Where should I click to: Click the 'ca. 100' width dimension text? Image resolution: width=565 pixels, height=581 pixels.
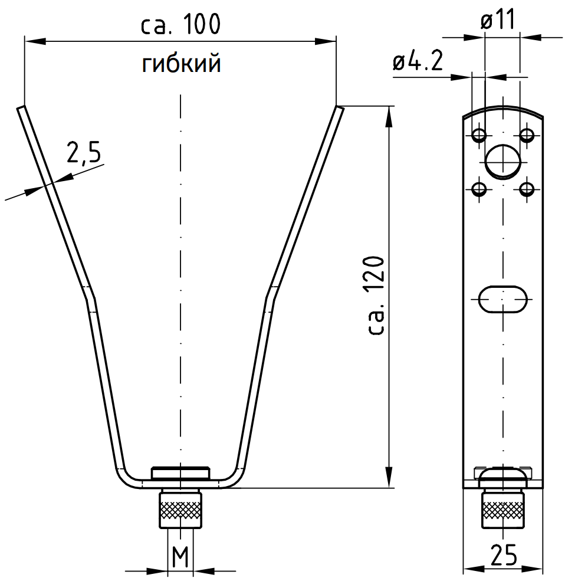pyautogui.click(x=181, y=24)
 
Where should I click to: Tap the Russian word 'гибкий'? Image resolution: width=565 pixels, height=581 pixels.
pyautogui.click(x=182, y=63)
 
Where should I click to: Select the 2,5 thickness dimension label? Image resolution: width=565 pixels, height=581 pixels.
pyautogui.click(x=84, y=152)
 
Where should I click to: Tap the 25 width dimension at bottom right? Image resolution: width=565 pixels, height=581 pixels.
pyautogui.click(x=504, y=554)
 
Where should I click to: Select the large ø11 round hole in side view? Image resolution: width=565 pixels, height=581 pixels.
pyautogui.click(x=503, y=162)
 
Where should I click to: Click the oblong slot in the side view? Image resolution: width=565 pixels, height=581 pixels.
pyautogui.click(x=502, y=299)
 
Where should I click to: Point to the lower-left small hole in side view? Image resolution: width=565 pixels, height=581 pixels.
pyautogui.click(x=479, y=190)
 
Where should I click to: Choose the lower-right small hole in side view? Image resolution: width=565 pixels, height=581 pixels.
pyautogui.click(x=527, y=190)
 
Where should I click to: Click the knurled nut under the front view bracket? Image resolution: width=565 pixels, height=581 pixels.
pyautogui.click(x=180, y=509)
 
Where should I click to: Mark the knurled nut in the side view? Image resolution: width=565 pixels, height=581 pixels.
pyautogui.click(x=502, y=509)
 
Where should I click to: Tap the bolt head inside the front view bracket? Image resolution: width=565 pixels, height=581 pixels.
pyautogui.click(x=180, y=473)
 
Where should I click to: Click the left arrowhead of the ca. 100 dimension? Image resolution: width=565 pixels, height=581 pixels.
pyautogui.click(x=35, y=41)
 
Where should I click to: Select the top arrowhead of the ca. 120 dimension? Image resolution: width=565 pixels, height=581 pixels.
pyautogui.click(x=388, y=117)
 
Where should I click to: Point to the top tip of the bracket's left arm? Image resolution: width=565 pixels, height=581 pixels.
pyautogui.click(x=21, y=107)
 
